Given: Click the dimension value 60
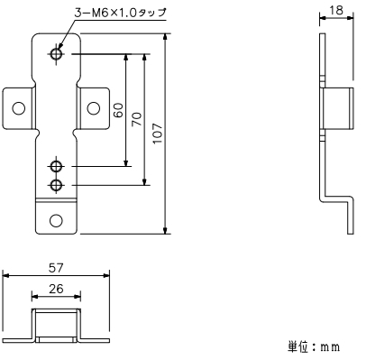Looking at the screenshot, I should tap(118, 111).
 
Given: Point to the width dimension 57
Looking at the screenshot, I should tap(56, 268).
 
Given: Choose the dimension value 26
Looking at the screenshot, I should tap(56, 290).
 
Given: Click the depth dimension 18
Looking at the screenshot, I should tap(334, 10).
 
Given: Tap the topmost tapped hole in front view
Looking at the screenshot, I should tap(57, 55).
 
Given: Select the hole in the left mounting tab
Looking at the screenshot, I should tap(17, 107).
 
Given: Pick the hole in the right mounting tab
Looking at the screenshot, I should tap(93, 107).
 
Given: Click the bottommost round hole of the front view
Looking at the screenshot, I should tap(56, 220).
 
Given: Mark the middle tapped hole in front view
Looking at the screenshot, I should tap(57, 167).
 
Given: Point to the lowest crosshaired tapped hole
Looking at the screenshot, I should tap(57, 185).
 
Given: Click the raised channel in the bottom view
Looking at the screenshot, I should tap(56, 320).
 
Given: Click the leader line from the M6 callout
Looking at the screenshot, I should tap(61, 32).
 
